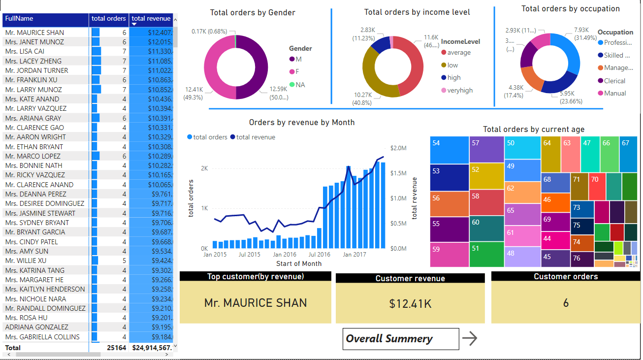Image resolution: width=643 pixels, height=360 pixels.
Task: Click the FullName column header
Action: point(20,19)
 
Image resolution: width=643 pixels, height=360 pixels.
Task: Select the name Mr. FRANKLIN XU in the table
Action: point(31,80)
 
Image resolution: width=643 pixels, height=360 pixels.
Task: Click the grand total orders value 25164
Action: point(117,348)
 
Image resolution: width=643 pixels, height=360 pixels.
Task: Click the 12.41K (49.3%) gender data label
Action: point(193,94)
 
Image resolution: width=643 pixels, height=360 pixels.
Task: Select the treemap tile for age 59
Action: point(449,255)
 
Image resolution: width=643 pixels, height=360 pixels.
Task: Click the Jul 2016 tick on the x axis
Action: point(319,255)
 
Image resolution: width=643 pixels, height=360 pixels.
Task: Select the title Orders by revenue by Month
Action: point(301,123)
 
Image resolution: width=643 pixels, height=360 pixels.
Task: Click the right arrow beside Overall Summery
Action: point(470,338)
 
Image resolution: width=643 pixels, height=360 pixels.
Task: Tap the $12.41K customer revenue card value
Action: point(410,304)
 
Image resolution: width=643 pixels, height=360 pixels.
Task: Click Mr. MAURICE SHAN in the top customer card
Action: point(255,303)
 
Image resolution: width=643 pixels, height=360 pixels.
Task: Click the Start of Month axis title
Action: point(298,263)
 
